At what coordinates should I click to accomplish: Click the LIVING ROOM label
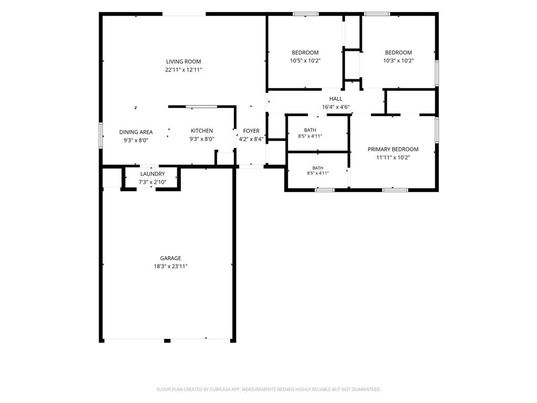click(184, 62)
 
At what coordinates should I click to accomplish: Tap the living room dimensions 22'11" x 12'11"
click(184, 70)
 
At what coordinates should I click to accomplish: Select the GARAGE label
click(170, 258)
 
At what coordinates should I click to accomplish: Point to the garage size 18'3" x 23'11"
click(170, 266)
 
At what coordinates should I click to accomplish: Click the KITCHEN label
click(202, 131)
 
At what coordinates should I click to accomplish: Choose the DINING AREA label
click(136, 132)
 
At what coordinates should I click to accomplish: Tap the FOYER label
click(251, 131)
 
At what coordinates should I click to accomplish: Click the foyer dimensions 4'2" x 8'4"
click(251, 139)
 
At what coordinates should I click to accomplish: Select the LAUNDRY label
click(153, 174)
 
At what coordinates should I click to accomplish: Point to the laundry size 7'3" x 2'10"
click(153, 182)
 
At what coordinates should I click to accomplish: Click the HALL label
click(336, 99)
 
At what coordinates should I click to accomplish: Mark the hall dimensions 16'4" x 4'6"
click(336, 107)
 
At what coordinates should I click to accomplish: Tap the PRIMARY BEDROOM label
click(393, 150)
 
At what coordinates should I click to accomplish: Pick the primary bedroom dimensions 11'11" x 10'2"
click(393, 157)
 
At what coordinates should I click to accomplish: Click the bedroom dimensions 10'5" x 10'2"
click(305, 61)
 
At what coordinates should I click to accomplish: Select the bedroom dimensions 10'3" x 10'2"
click(399, 61)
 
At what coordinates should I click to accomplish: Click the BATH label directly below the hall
click(310, 130)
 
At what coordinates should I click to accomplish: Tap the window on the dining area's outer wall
click(101, 135)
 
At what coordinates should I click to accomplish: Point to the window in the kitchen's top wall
click(201, 107)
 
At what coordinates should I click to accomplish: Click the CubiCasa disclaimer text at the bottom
click(268, 389)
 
